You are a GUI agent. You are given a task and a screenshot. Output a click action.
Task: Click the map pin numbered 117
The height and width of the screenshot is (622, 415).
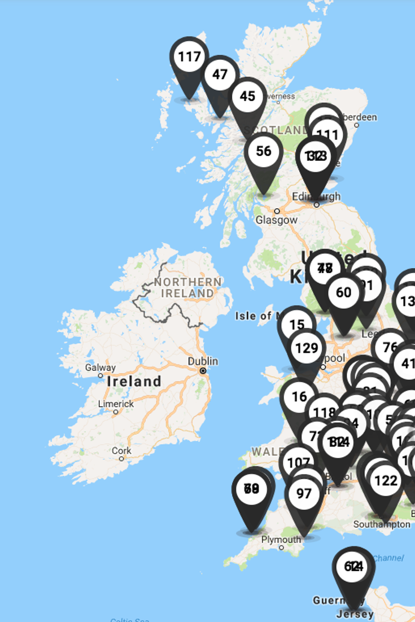click(189, 57)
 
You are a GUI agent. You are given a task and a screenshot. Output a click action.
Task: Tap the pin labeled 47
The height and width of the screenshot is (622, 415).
click(220, 75)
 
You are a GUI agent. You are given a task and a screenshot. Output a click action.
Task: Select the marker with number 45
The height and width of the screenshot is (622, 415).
click(247, 97)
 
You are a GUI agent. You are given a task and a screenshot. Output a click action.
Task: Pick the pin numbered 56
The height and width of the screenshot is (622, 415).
click(263, 151)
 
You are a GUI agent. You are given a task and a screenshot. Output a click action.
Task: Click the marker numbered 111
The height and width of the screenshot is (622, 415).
click(328, 135)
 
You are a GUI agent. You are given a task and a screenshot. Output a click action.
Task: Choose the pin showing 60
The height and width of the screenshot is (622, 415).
click(343, 292)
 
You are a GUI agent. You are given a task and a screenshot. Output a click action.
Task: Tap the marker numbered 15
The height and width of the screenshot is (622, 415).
click(296, 325)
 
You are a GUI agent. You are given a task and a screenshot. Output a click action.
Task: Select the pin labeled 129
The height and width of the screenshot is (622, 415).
click(307, 348)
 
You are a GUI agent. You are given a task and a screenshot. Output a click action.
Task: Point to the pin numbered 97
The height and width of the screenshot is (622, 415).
click(304, 494)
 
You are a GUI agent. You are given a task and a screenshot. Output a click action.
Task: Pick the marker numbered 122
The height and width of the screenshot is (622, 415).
click(386, 481)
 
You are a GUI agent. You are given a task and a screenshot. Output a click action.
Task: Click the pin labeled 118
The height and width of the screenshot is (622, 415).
click(324, 413)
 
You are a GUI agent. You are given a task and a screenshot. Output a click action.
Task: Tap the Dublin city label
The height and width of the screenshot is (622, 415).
click(203, 361)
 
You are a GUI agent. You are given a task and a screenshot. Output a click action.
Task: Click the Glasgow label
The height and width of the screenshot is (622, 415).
click(276, 220)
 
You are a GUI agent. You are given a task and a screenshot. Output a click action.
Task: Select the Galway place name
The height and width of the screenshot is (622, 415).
click(101, 368)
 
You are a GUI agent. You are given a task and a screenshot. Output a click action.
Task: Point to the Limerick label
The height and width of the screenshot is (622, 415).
click(116, 404)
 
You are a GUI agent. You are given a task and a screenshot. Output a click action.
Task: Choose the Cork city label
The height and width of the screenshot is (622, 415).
click(121, 450)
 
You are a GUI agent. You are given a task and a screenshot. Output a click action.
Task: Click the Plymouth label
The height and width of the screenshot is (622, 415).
click(281, 540)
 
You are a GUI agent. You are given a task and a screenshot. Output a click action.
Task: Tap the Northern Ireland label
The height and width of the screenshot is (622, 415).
click(187, 287)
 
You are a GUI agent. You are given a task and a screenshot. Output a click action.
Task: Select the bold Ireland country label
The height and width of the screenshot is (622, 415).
click(134, 382)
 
